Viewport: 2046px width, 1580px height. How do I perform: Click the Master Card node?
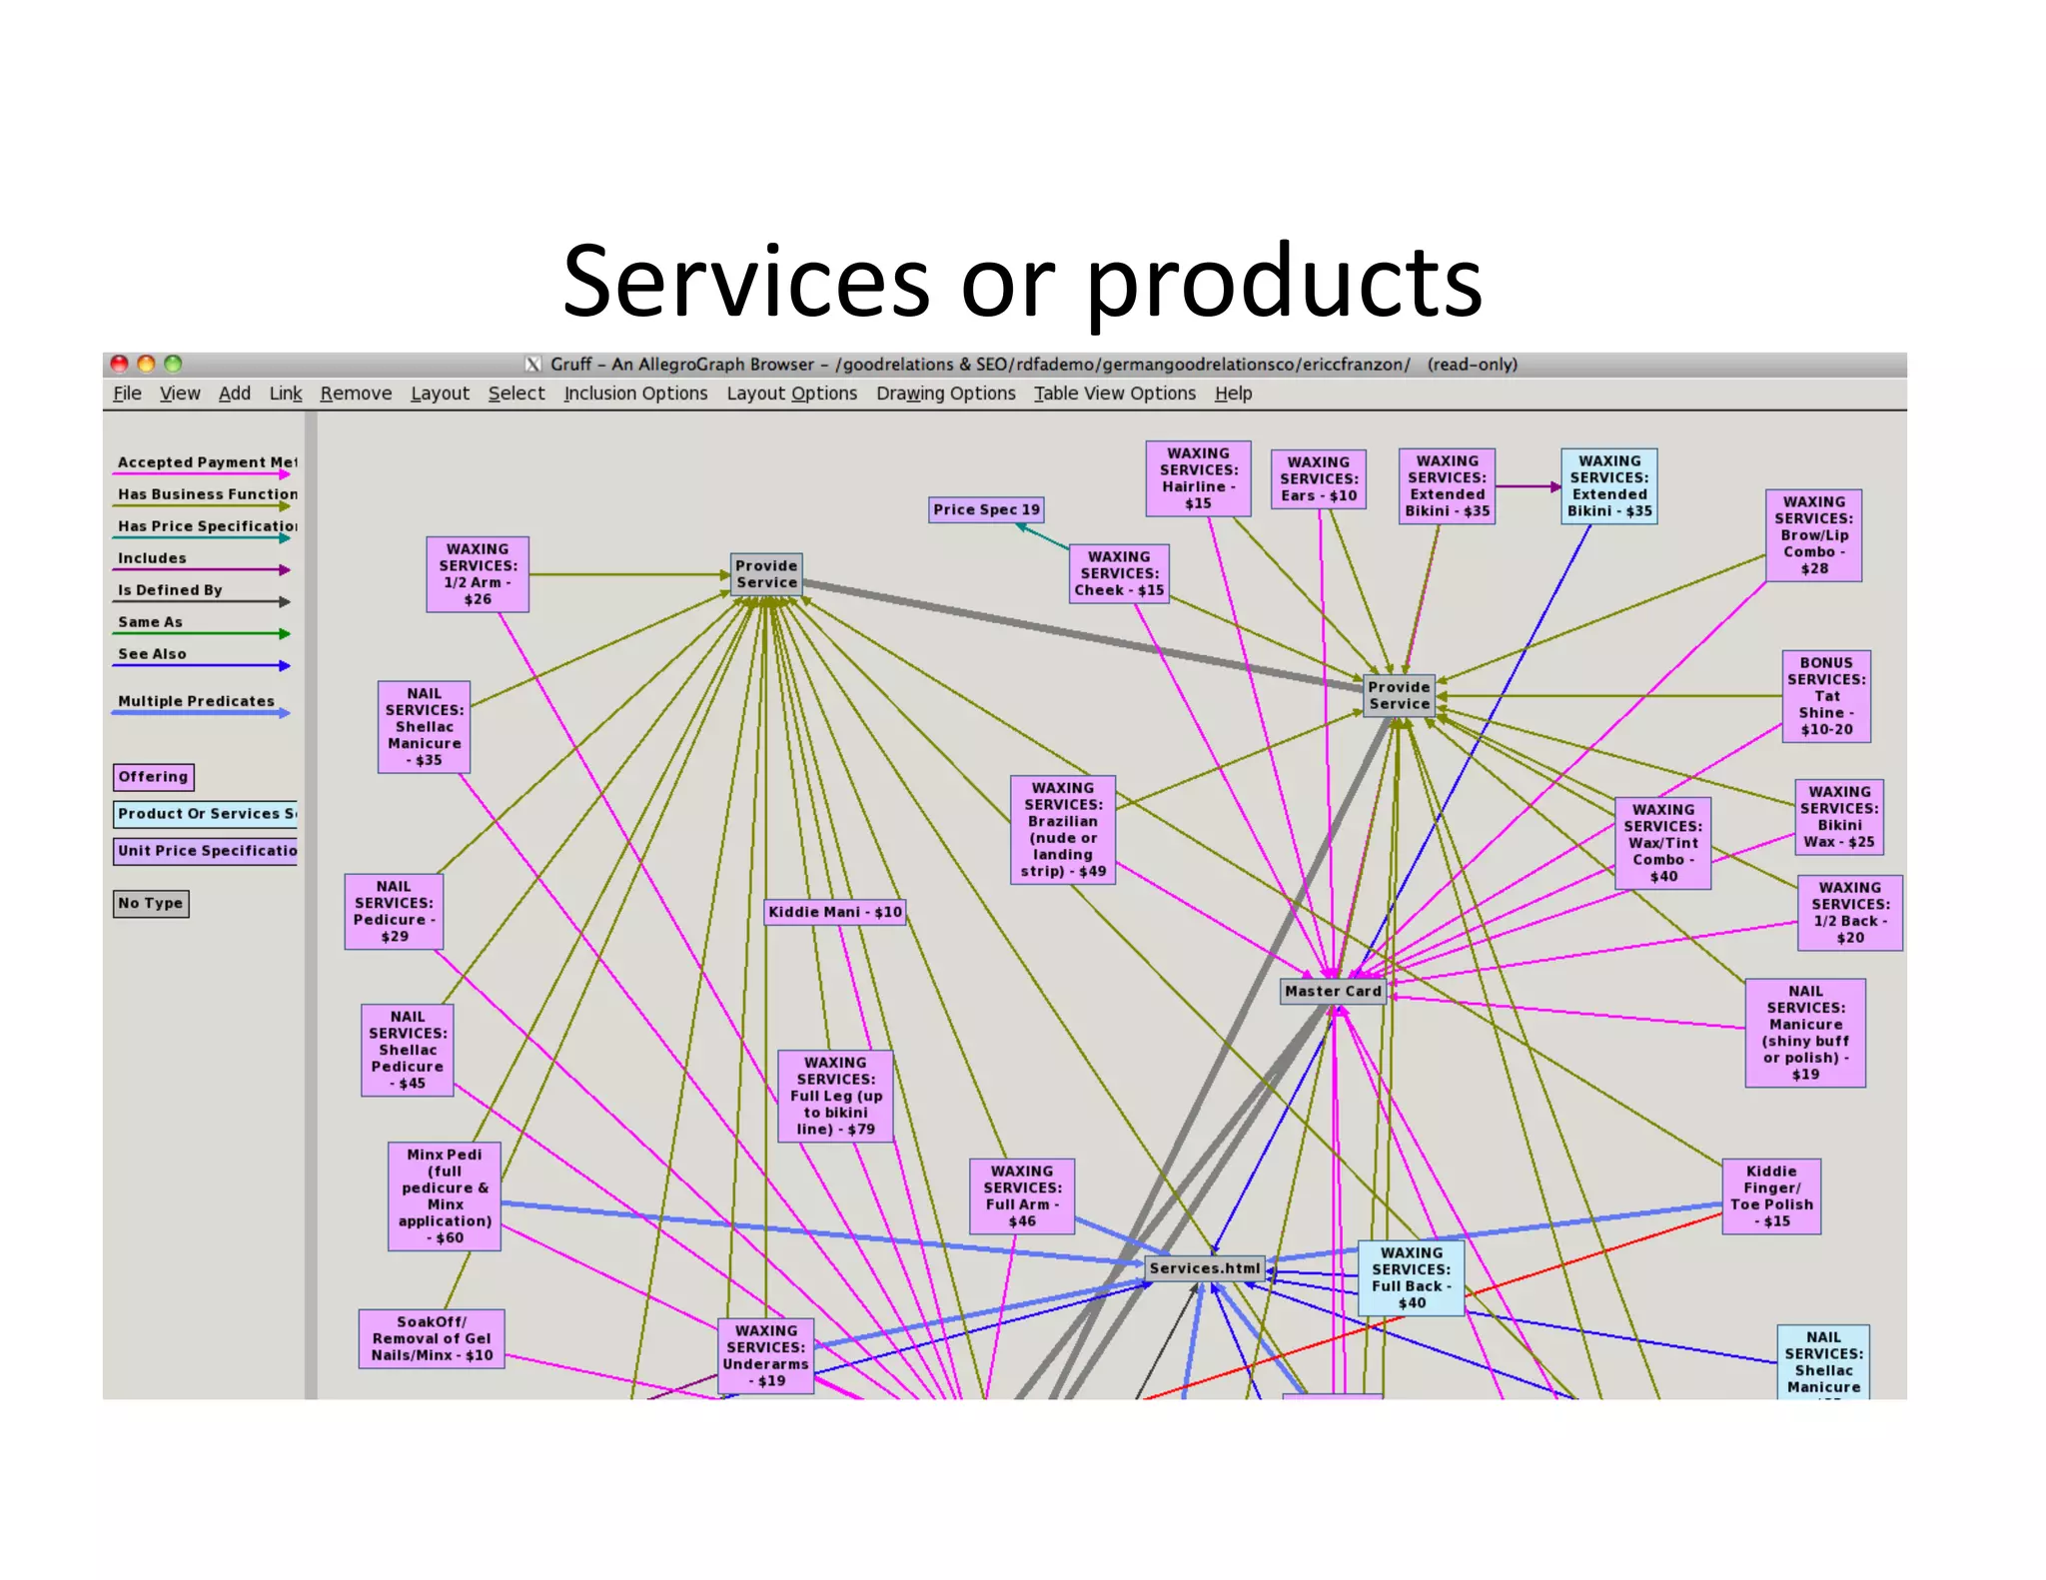click(x=1333, y=991)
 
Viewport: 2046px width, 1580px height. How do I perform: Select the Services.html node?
click(x=1204, y=1267)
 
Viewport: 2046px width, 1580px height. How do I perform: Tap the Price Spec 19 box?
click(x=986, y=509)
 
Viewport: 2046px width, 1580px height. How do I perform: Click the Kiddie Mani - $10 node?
click(x=835, y=911)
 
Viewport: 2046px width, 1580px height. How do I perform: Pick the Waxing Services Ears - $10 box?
click(x=1318, y=478)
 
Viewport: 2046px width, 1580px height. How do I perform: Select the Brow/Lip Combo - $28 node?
click(x=1813, y=534)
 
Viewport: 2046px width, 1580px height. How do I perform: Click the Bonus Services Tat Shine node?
click(x=1825, y=695)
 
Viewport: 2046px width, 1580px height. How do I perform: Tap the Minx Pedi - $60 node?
click(x=445, y=1195)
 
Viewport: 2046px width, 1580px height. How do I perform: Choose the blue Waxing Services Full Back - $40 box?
click(x=1411, y=1277)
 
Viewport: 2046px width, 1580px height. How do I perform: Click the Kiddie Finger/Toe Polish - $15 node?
click(x=1770, y=1195)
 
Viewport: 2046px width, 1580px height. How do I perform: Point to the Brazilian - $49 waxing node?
click(x=1062, y=829)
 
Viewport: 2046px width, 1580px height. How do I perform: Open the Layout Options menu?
click(x=791, y=394)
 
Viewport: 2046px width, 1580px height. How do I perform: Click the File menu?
click(x=127, y=394)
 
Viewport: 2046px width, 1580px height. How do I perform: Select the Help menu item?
click(x=1233, y=394)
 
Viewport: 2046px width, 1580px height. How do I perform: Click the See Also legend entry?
click(x=152, y=654)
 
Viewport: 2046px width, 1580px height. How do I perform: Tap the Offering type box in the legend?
click(x=153, y=776)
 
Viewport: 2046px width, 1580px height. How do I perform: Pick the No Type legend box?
click(x=151, y=903)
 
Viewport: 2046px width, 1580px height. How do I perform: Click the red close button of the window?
click(x=119, y=364)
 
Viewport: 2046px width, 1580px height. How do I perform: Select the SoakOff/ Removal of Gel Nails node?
click(x=432, y=1338)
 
